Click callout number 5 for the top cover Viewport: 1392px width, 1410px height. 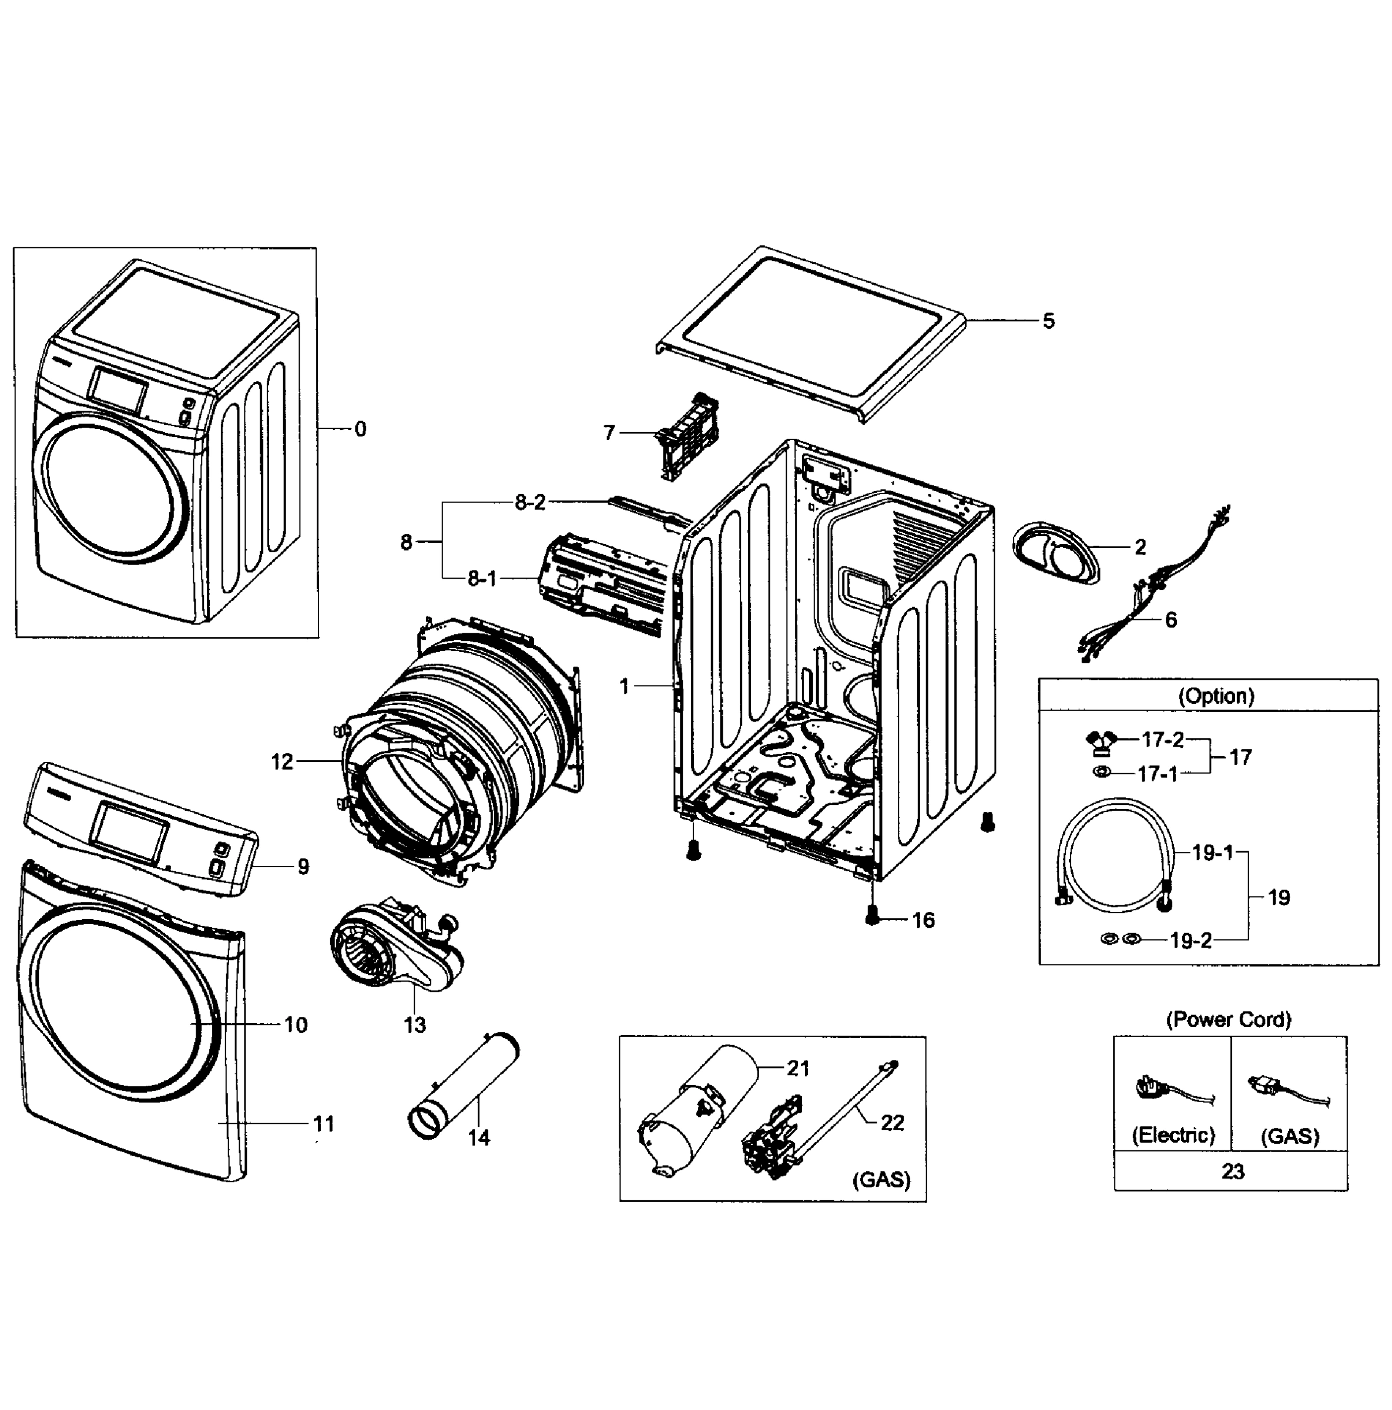pyautogui.click(x=1048, y=321)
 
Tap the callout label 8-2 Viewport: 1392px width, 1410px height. pyautogui.click(x=530, y=502)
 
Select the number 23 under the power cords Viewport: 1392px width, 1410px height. pyautogui.click(x=1232, y=1172)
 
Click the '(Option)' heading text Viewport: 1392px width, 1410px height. pyautogui.click(x=1216, y=696)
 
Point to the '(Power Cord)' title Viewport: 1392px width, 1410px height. pyautogui.click(x=1229, y=1019)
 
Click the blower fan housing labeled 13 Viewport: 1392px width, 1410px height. pyautogui.click(x=394, y=949)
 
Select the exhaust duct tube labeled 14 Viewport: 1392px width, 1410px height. pyautogui.click(x=464, y=1085)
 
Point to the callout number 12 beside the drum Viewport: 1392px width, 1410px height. pyautogui.click(x=282, y=762)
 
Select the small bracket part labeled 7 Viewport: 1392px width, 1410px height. pyautogui.click(x=686, y=437)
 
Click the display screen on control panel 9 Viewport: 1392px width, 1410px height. pyautogui.click(x=132, y=831)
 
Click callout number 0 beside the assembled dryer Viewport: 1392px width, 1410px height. pyautogui.click(x=360, y=429)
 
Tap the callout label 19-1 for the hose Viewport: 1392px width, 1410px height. pyautogui.click(x=1212, y=852)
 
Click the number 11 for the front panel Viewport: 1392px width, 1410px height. pyautogui.click(x=323, y=1124)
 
